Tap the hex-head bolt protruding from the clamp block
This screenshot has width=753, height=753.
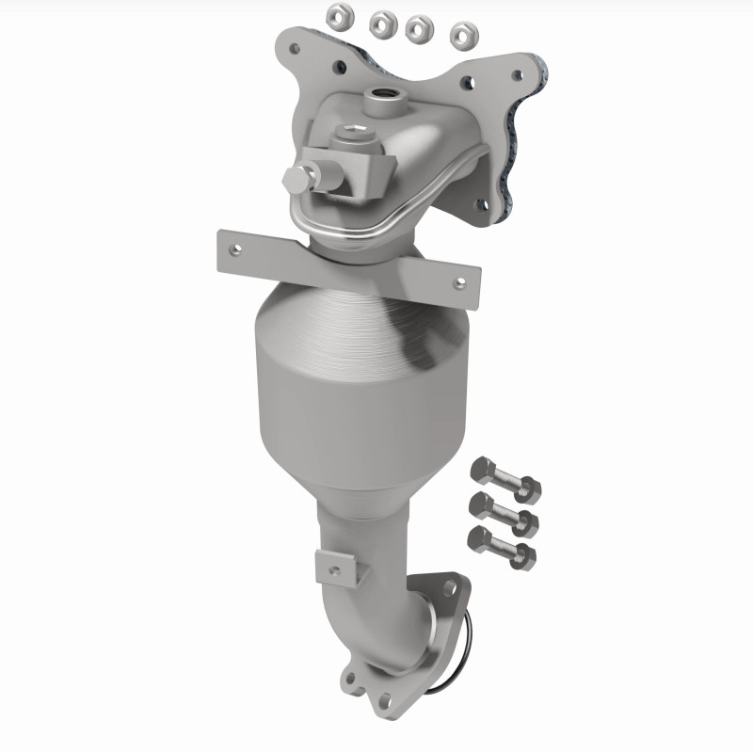click(296, 179)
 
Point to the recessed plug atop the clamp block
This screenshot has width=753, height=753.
click(351, 135)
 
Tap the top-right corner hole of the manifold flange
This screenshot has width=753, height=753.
click(515, 74)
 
